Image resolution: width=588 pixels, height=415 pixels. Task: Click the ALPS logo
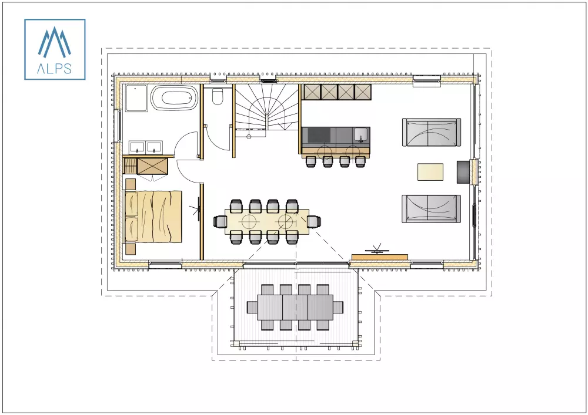pos(55,49)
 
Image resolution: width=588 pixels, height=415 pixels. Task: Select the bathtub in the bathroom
pos(174,97)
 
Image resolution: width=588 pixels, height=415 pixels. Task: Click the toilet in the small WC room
pos(218,96)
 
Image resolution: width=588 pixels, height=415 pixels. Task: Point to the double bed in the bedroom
pos(155,215)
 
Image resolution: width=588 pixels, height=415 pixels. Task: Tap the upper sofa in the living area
pos(431,132)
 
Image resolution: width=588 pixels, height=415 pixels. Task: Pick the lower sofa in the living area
pos(431,208)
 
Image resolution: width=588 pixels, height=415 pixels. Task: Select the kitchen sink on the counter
pos(361,136)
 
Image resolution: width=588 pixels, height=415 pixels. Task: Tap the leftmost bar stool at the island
pos(311,161)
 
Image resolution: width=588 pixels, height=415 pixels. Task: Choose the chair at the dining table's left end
pos(220,221)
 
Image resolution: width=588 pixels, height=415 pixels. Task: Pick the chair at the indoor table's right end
pos(315,221)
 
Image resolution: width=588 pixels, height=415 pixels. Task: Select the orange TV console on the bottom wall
pos(379,257)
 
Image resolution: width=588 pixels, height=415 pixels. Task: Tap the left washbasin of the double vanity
pos(138,147)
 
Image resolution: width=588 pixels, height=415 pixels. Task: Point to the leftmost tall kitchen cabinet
pos(311,92)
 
